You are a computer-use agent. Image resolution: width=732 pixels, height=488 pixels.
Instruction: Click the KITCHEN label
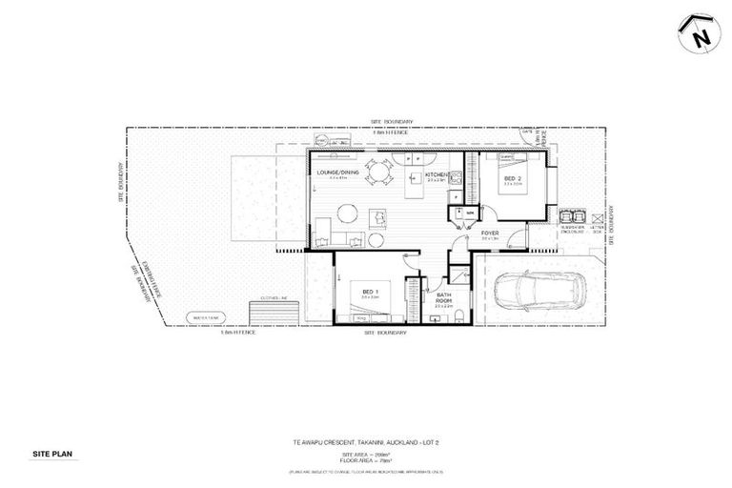tap(437, 175)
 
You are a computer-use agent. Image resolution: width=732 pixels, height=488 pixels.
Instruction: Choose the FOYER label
tap(490, 233)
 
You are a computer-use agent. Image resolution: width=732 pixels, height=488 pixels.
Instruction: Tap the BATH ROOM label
tap(444, 298)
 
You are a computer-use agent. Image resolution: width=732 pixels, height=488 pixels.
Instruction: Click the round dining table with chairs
tap(380, 173)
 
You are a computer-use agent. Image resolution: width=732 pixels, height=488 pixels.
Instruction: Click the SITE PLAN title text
tap(49, 454)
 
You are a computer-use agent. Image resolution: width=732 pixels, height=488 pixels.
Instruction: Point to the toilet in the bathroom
tap(459, 315)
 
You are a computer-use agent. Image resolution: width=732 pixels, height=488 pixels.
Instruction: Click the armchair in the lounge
tap(378, 218)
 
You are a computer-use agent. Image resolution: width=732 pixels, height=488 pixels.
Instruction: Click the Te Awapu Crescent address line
tap(365, 441)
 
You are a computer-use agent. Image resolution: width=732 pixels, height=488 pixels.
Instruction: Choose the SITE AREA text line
tap(365, 455)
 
